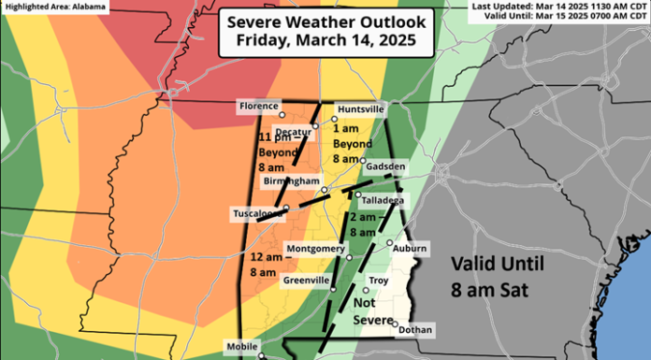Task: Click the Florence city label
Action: point(259,107)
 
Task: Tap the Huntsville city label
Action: point(360,108)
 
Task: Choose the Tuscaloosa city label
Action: point(258,214)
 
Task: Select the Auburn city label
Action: point(409,248)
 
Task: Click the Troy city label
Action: point(379,280)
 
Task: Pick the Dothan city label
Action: point(415,329)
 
